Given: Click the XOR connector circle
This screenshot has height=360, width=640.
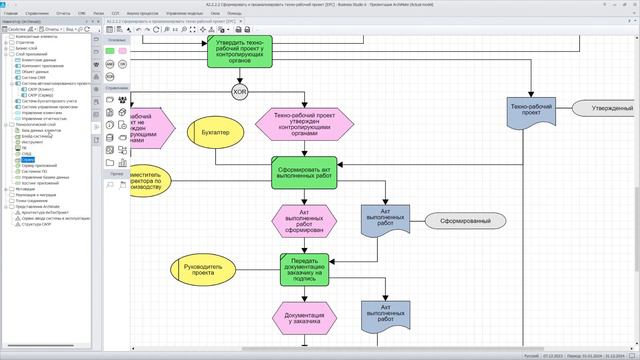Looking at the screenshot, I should pos(240,92).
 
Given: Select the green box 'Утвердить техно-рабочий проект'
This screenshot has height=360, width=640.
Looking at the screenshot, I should pos(240,51).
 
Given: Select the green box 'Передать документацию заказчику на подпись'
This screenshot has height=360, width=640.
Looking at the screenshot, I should pos(304,270).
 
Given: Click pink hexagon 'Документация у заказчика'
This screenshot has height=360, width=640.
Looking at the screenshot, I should pos(304,318).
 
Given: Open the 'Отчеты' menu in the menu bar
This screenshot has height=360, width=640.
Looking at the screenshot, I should pos(64,13).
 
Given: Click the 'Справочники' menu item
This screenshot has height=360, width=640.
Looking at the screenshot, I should pos(39,13).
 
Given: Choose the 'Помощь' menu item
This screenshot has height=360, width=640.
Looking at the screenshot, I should pos(233,13).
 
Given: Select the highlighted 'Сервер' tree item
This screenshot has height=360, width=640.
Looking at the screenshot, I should pos(27,159).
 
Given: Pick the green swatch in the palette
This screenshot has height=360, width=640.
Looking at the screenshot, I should pos(110,50).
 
